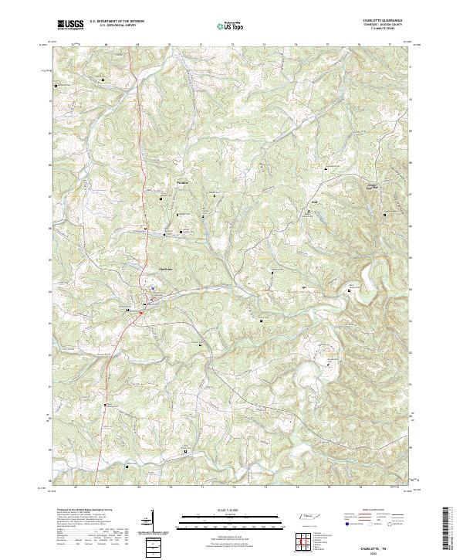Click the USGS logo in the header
point(70,25)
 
